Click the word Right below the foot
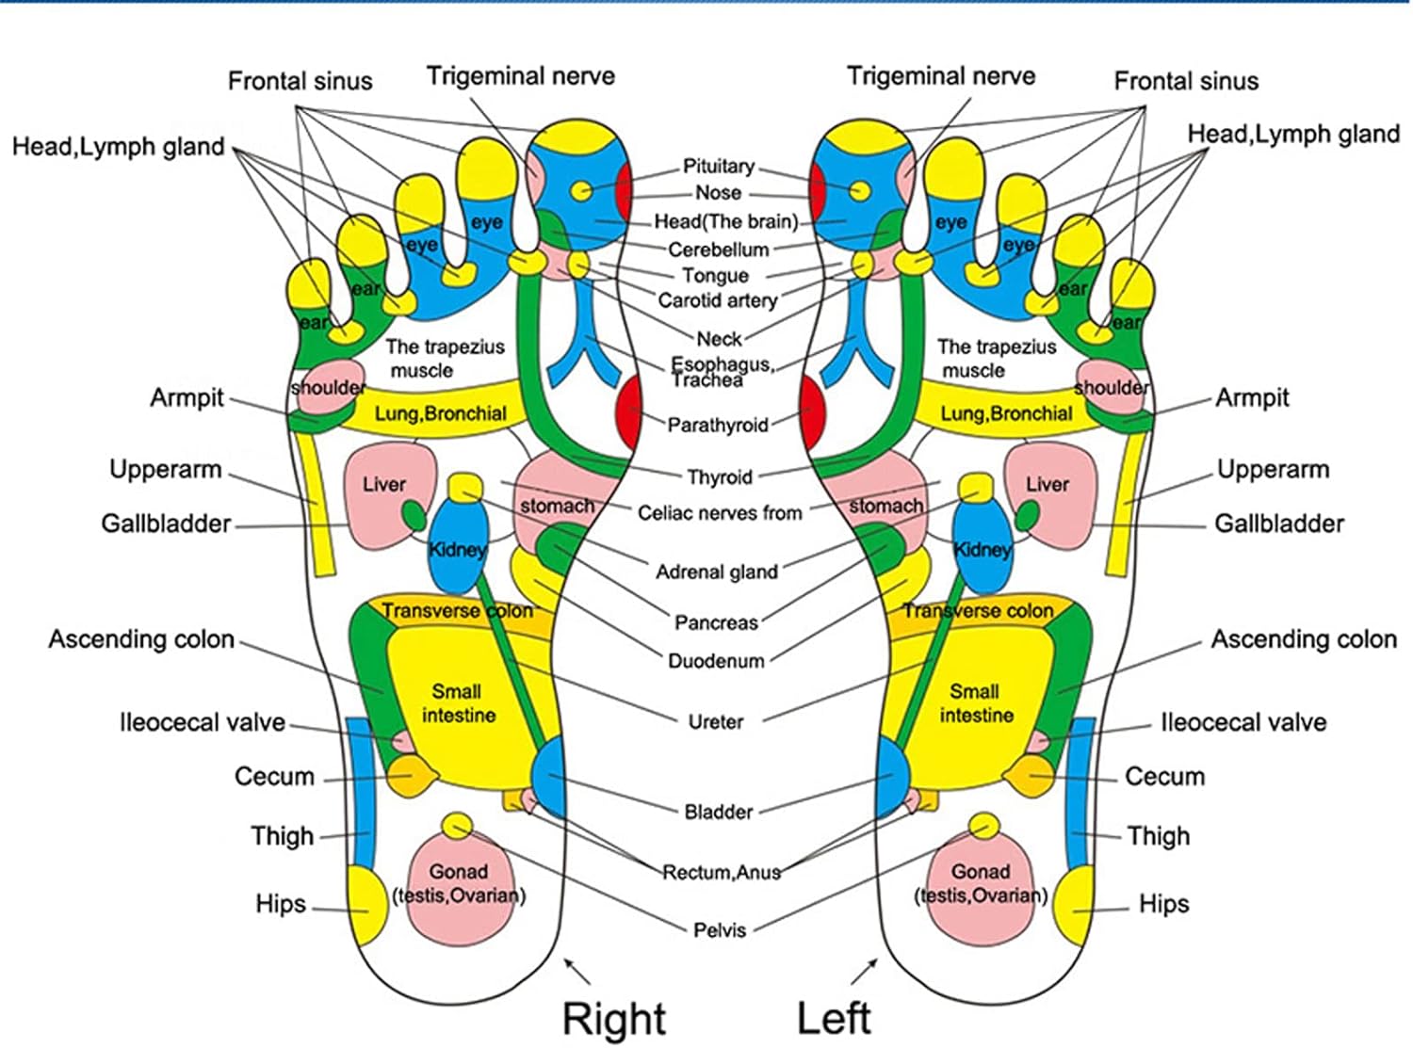click(x=614, y=1019)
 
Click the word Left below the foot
click(x=833, y=1019)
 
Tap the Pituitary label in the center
click(x=718, y=167)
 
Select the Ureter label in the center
click(x=716, y=722)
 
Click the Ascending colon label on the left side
click(x=141, y=639)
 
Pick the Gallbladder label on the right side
click(x=1278, y=524)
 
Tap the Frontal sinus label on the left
click(x=300, y=81)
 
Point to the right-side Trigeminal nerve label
click(x=940, y=76)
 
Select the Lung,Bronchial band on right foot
click(x=440, y=413)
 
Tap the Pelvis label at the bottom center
click(x=719, y=930)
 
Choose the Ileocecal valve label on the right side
click(x=1242, y=722)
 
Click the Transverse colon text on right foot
click(x=457, y=611)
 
